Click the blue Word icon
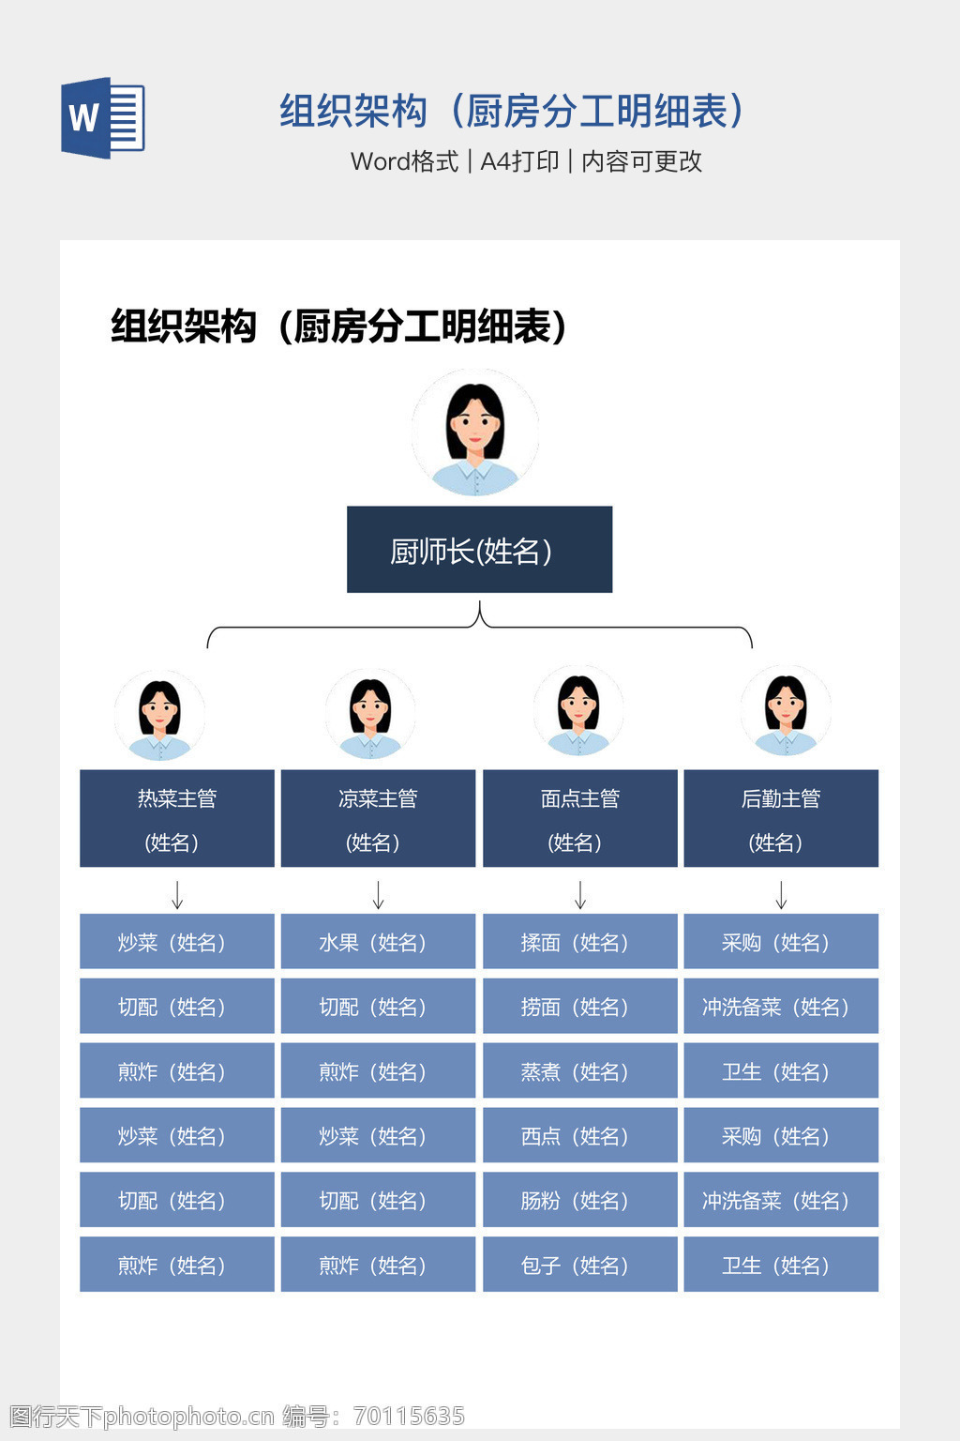(103, 117)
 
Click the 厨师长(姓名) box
(479, 550)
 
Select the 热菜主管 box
(177, 818)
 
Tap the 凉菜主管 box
(378, 818)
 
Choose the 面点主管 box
(580, 818)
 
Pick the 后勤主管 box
(781, 818)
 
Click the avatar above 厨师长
(475, 432)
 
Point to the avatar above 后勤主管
(785, 711)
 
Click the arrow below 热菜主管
(177, 895)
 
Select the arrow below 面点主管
(580, 895)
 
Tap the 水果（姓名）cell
(378, 941)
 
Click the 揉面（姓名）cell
(580, 941)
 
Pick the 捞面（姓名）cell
(580, 1006)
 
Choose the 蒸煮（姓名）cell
(580, 1070)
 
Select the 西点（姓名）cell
(580, 1135)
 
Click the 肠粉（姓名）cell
(580, 1200)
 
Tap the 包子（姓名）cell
(580, 1265)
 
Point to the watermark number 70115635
(409, 1416)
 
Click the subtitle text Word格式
(404, 161)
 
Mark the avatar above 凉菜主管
(369, 714)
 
